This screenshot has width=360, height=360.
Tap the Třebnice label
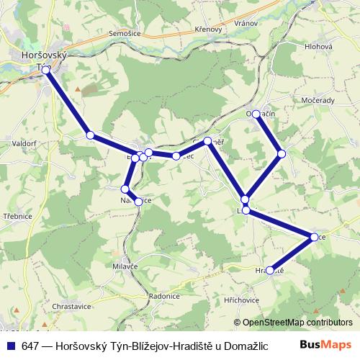coord(15,215)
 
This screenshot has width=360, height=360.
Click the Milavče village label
coord(125,266)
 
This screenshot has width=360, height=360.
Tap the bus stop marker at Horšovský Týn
coord(46,70)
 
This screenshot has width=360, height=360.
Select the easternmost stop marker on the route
coord(314,237)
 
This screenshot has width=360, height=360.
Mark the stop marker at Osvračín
coord(256,114)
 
